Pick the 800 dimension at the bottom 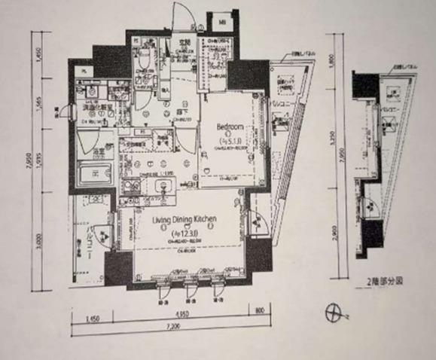[x=260, y=309]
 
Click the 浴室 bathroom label [x=97, y=152]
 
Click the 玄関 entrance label [x=182, y=42]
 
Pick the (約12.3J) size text [x=185, y=232]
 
